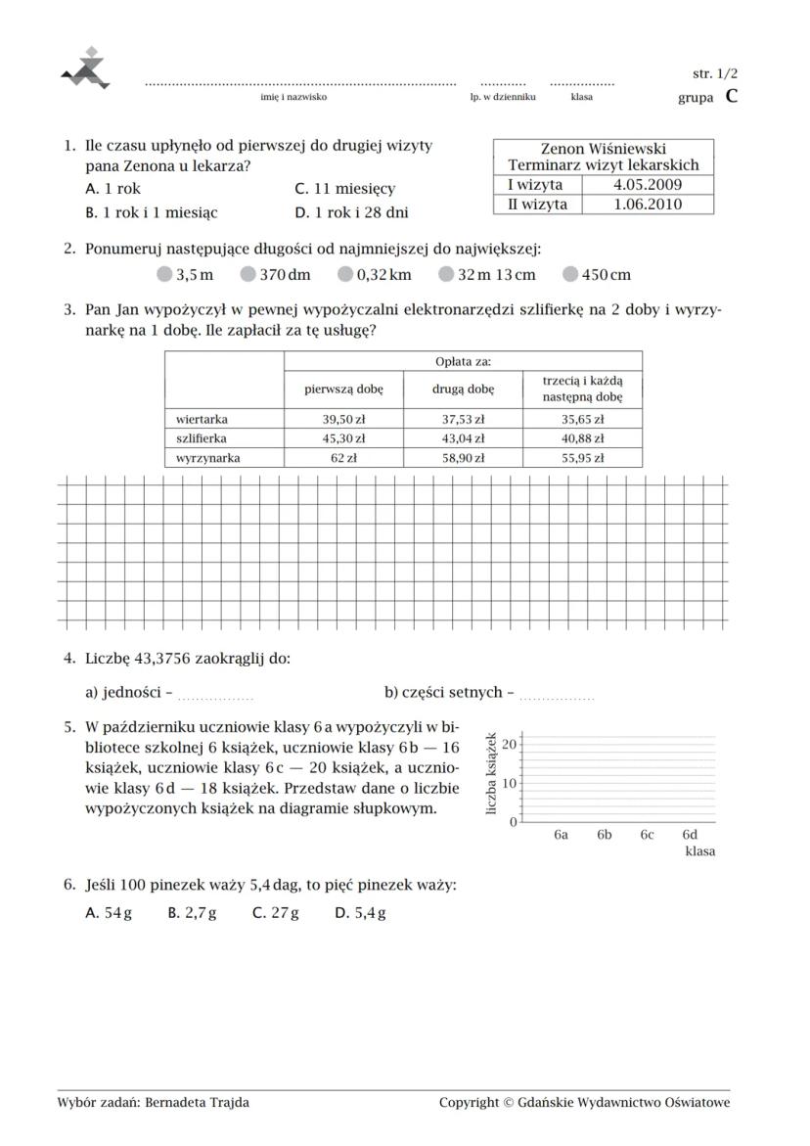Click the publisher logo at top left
[x=87, y=69]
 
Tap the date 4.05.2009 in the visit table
[x=648, y=184]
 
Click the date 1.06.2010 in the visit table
[x=648, y=205]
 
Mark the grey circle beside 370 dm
[x=248, y=275]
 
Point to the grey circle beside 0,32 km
[x=345, y=275]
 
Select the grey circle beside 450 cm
[x=570, y=275]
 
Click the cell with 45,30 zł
[x=343, y=438]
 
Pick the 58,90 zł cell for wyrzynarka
[x=463, y=457]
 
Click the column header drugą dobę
[x=463, y=389]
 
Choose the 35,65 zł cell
[x=582, y=419]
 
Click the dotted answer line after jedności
[x=216, y=697]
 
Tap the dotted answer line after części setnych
[x=556, y=697]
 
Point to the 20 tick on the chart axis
[x=510, y=745]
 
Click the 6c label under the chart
[x=647, y=835]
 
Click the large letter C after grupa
[x=732, y=96]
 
